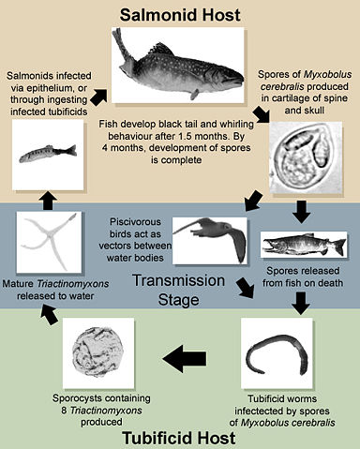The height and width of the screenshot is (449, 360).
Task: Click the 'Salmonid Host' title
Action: click(x=179, y=15)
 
